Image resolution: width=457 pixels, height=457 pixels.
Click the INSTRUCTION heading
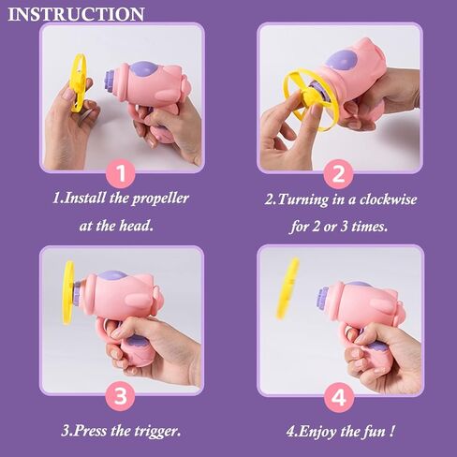pos(76,14)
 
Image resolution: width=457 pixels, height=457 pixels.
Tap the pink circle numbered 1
pos(121,173)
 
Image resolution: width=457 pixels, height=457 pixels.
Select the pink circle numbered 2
pos(338,174)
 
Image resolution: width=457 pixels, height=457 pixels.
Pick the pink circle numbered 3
pos(121,396)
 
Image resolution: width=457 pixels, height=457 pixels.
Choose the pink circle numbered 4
pos(339,397)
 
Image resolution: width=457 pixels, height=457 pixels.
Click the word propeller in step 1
pos(160,199)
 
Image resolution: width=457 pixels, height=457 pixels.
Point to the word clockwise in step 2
pos(388,199)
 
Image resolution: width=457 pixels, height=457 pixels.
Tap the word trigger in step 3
pos(157,432)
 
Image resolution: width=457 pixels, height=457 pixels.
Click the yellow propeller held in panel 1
pos(78,82)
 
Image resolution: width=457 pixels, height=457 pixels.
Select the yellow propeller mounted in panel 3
pos(68,293)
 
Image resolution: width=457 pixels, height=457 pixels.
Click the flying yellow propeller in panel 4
pos(287,288)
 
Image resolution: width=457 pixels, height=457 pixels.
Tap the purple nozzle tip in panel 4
pos(323,299)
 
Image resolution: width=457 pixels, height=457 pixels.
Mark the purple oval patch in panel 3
pos(113,275)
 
